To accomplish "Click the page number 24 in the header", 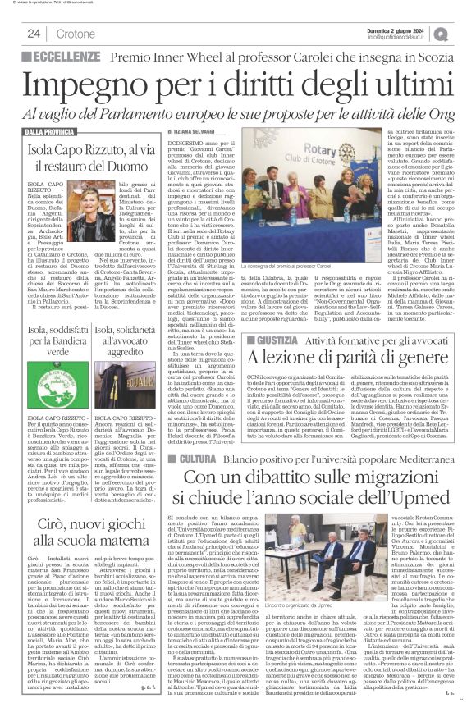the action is (34, 34).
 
